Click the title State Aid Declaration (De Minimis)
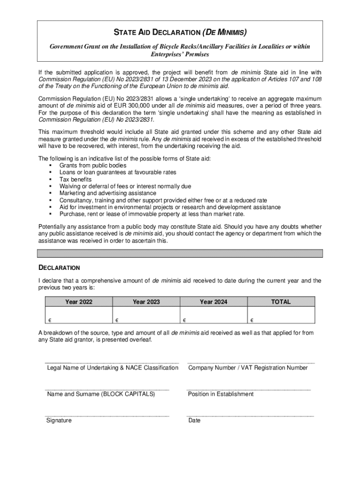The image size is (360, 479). pyautogui.click(x=180, y=33)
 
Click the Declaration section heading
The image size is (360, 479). pyautogui.click(x=59, y=268)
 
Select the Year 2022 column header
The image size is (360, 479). pyautogui.click(x=79, y=302)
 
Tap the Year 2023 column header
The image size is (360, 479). pyautogui.click(x=146, y=302)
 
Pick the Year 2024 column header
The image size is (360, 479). pyautogui.click(x=214, y=302)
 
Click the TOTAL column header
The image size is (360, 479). pyautogui.click(x=281, y=302)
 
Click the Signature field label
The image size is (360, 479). pyautogui.click(x=59, y=421)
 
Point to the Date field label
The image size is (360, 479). pyautogui.click(x=194, y=421)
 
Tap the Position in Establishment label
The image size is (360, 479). pyautogui.click(x=221, y=394)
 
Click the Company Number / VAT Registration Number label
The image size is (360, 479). pyautogui.click(x=248, y=368)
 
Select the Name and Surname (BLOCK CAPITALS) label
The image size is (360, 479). pyautogui.click(x=101, y=394)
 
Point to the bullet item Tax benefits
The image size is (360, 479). pyautogui.click(x=75, y=180)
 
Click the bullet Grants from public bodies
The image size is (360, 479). pyautogui.click(x=93, y=166)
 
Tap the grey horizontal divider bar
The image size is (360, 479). pyautogui.click(x=180, y=254)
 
